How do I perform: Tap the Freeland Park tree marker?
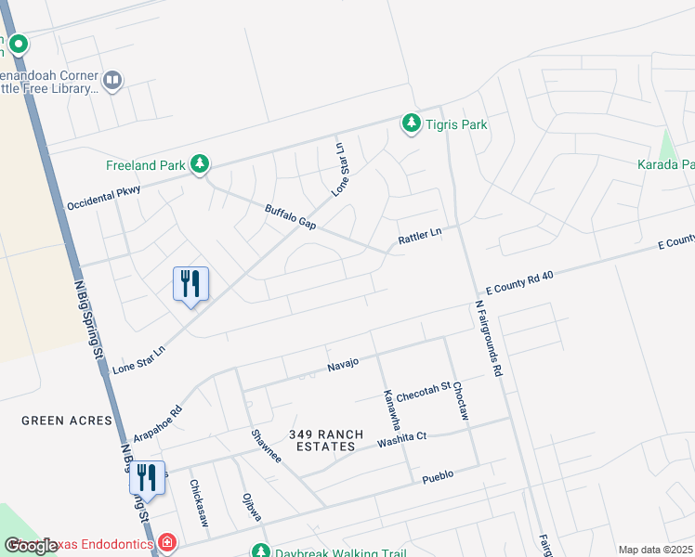pos(199,165)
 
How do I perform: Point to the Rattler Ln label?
pos(418,238)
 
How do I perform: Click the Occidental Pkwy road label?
pos(103,197)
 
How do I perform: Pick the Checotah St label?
pos(423,392)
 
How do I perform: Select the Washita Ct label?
pos(401,440)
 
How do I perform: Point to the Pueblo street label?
pos(438,474)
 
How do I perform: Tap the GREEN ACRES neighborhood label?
pos(68,421)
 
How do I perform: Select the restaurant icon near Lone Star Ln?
pos(191,282)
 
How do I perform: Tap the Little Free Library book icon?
pos(112,81)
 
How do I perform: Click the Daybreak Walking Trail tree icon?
pos(261,551)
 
